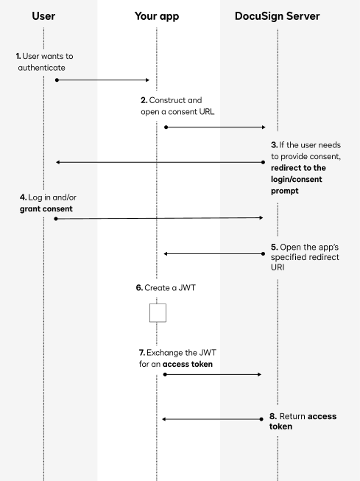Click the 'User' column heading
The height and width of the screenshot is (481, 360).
click(44, 15)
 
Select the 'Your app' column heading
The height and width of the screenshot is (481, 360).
click(157, 15)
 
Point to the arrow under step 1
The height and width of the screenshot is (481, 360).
click(103, 80)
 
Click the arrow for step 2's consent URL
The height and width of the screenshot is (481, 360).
click(213, 127)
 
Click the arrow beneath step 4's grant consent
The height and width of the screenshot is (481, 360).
click(159, 218)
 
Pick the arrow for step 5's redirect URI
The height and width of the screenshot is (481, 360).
click(213, 253)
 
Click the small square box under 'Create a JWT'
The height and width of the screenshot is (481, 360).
click(158, 312)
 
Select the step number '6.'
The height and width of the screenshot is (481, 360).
click(139, 288)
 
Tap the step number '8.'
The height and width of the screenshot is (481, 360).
click(272, 416)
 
